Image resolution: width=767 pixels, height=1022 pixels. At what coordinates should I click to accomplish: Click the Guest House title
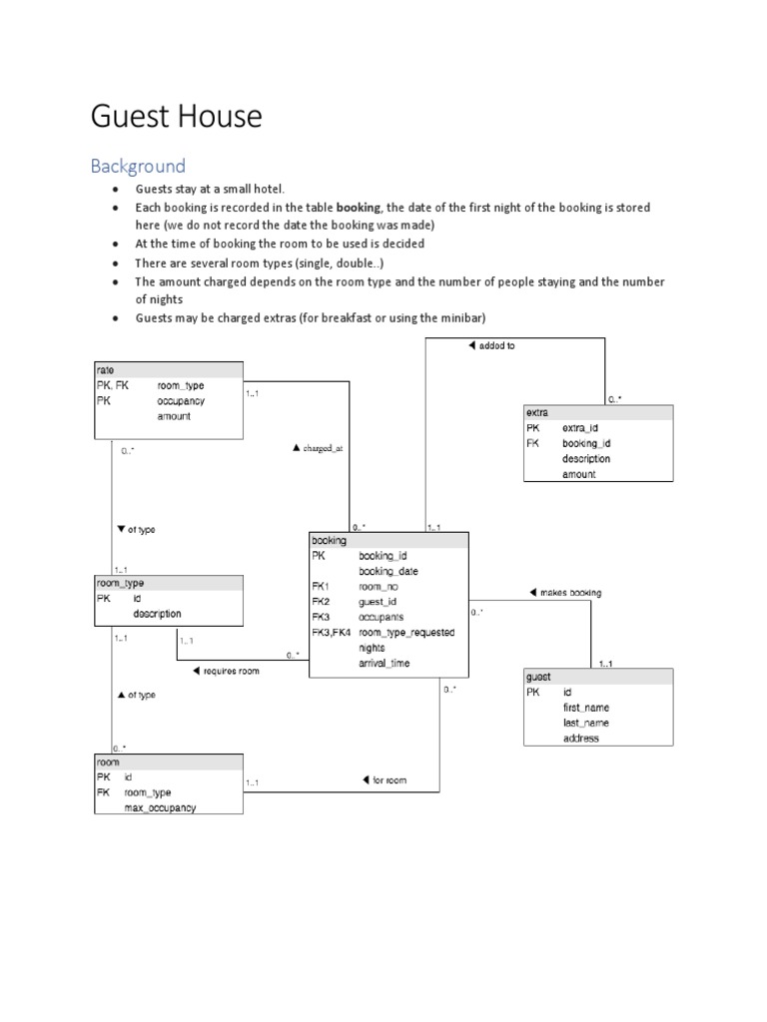[176, 118]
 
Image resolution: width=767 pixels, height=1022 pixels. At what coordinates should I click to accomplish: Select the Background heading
[138, 166]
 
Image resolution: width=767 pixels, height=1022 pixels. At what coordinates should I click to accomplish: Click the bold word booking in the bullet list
[359, 208]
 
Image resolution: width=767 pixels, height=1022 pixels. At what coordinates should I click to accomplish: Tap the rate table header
[106, 370]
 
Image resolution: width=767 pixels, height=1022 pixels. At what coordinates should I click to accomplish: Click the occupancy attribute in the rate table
[181, 400]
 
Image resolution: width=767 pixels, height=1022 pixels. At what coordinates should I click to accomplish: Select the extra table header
[536, 412]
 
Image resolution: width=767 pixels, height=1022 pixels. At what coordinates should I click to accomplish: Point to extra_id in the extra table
[579, 428]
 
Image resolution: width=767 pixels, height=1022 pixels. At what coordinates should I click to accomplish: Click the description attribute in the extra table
[586, 459]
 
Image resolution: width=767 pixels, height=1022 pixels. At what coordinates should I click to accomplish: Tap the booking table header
[330, 540]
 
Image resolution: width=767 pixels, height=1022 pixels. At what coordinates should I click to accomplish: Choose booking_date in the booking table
[388, 572]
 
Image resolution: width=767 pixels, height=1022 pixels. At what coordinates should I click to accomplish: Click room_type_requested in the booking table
[406, 633]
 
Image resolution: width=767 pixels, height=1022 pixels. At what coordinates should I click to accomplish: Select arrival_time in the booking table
[384, 663]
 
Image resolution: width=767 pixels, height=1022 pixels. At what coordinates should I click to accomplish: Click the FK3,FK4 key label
[332, 633]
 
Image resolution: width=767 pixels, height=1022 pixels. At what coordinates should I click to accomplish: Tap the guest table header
[537, 677]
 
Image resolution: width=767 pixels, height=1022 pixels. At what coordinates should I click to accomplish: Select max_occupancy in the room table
[160, 807]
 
